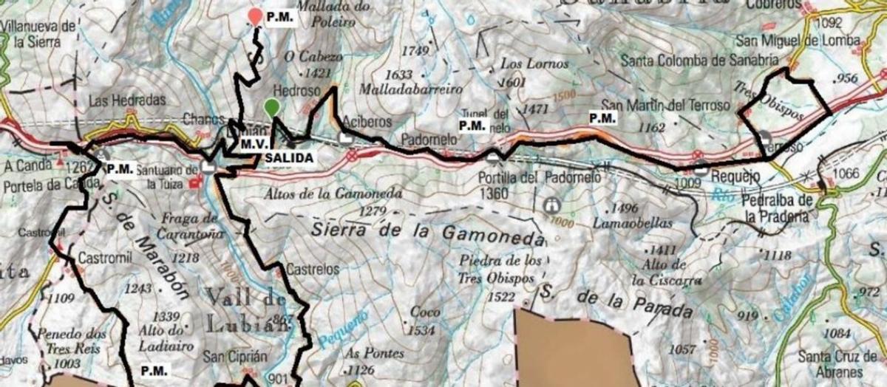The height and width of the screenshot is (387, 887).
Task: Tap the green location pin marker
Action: [273, 107]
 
